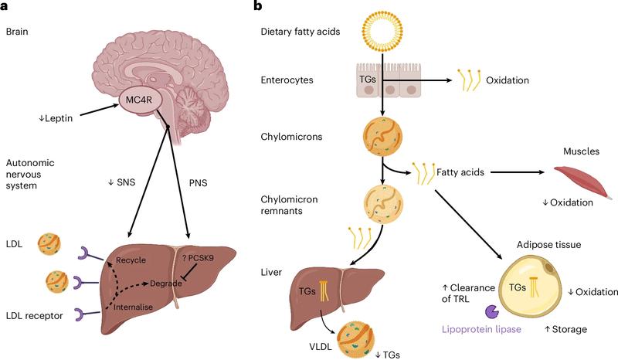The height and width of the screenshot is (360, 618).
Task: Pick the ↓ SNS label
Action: coord(124,182)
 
